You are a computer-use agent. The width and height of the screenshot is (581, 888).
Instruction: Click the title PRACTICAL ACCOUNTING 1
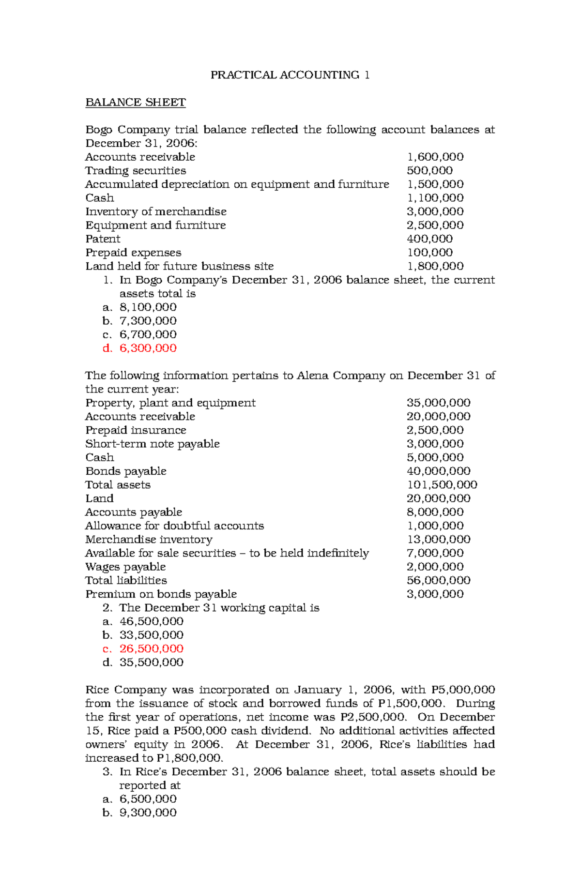tap(290, 75)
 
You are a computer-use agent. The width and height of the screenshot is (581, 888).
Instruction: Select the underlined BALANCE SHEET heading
tap(136, 103)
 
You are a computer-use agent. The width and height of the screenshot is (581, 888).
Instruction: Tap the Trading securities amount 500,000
tap(429, 171)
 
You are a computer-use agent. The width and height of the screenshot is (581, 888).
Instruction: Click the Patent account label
tap(103, 239)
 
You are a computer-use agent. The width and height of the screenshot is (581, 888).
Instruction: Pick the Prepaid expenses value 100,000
tap(429, 253)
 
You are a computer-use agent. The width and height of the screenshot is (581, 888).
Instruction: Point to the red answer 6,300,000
tap(148, 348)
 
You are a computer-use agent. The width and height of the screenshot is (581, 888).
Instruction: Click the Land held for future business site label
tap(179, 267)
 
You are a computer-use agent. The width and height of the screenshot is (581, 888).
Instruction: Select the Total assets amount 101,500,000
tap(442, 485)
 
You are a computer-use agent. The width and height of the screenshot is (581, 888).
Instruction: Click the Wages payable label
tap(125, 567)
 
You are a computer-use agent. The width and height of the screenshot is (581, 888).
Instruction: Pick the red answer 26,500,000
tap(151, 649)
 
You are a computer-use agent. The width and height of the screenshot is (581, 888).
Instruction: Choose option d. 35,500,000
tap(151, 662)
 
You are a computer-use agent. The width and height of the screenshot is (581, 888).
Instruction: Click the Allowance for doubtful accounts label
tap(174, 526)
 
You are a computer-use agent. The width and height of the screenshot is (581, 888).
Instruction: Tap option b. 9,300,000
tap(148, 813)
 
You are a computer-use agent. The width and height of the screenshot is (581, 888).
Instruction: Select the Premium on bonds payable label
tap(161, 594)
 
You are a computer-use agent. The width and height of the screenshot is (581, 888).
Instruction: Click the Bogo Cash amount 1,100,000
tap(435, 198)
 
